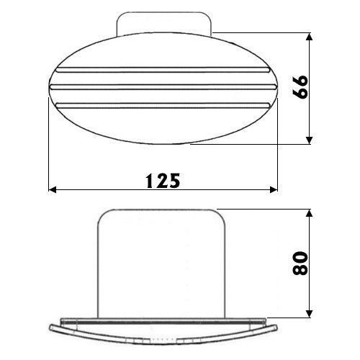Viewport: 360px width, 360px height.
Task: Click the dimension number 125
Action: coord(163,181)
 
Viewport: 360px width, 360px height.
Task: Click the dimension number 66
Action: coord(300,87)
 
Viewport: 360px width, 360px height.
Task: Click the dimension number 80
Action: coord(300,263)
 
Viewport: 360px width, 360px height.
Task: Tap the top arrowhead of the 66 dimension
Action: coord(310,37)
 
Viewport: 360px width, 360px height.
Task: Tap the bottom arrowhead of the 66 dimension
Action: coord(310,140)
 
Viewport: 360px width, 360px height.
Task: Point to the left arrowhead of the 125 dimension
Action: coord(53,189)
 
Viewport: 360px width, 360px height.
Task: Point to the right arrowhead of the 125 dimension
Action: coord(274,189)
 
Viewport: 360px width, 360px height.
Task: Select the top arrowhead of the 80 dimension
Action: coord(310,213)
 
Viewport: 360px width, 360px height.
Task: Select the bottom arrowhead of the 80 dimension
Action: coord(310,314)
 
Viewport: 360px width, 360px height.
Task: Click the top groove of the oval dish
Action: coord(163,70)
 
